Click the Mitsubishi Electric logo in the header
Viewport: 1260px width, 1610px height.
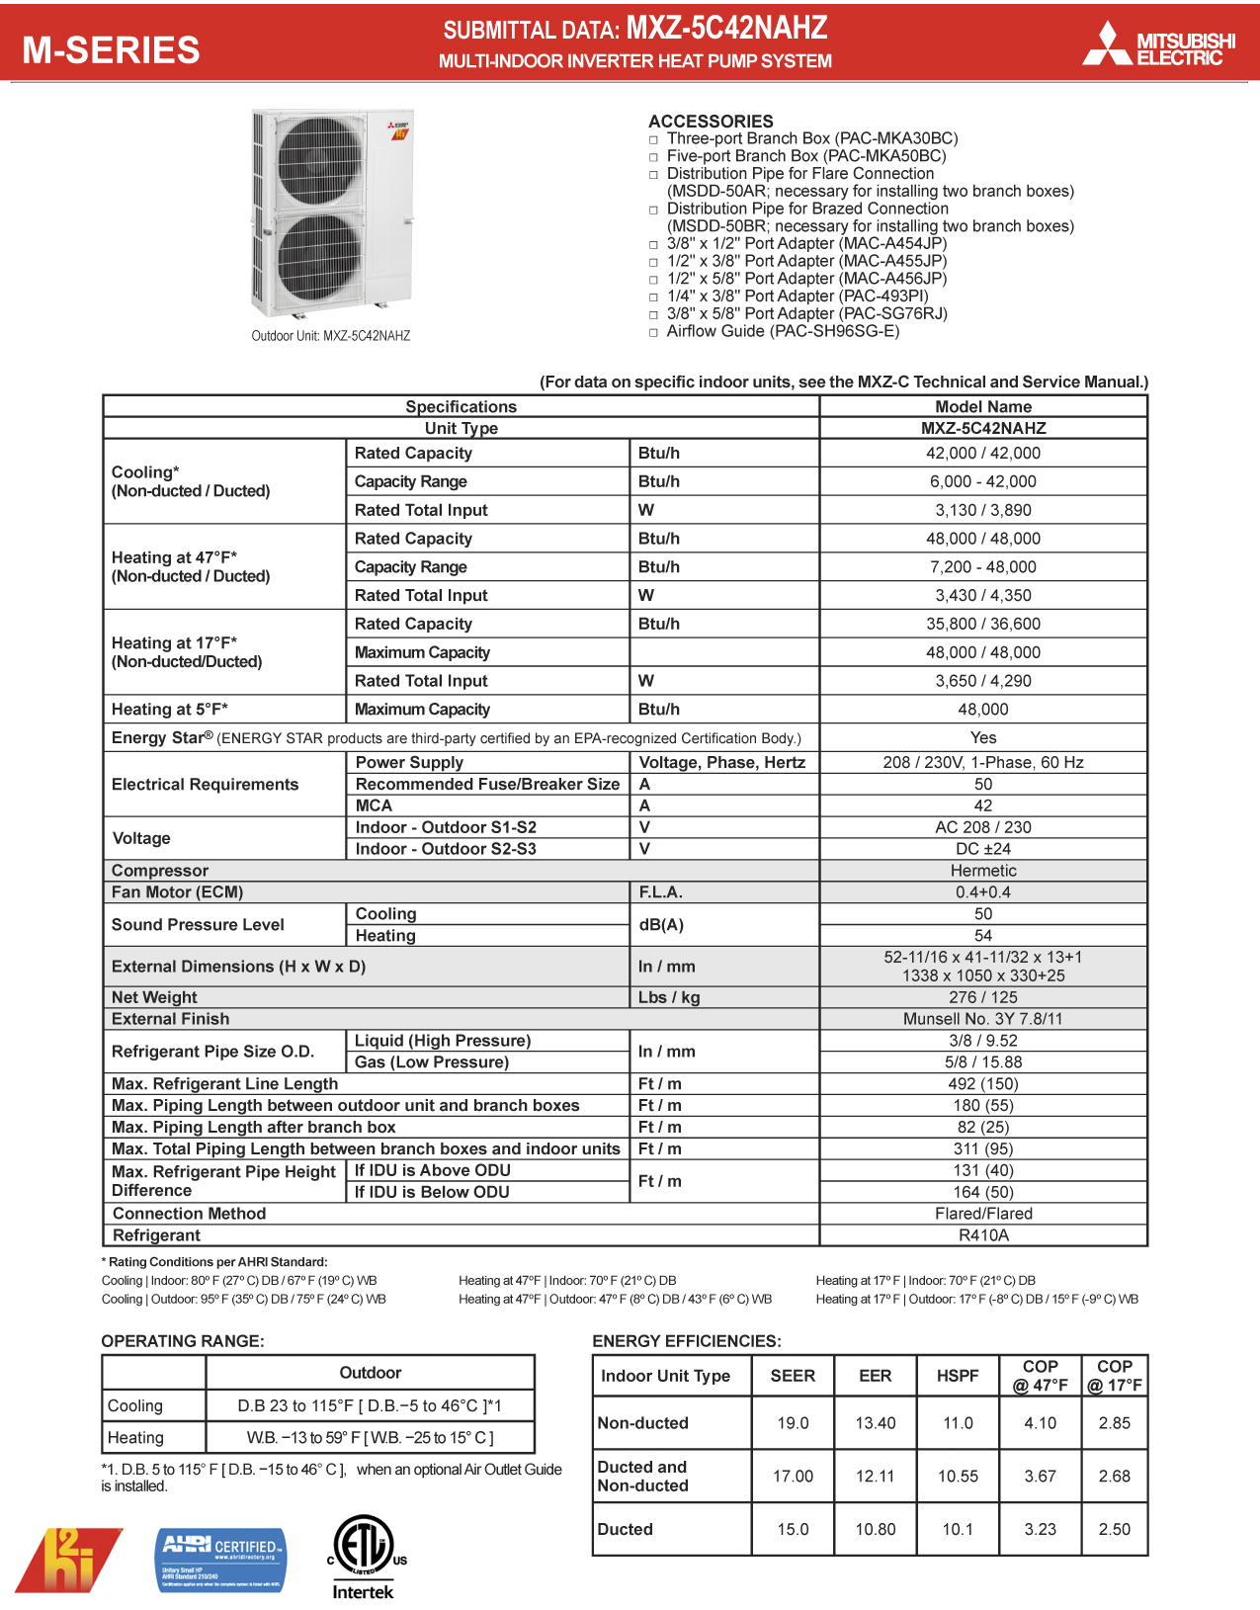(1159, 45)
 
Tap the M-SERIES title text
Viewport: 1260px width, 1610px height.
(111, 49)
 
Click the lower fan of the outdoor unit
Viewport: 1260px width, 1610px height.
(319, 259)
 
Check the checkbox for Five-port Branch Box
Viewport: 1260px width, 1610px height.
(653, 157)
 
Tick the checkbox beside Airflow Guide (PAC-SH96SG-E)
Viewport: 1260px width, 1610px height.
(653, 332)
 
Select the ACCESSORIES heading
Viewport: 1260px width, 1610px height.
(711, 121)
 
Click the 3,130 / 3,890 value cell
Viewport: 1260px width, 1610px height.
(982, 510)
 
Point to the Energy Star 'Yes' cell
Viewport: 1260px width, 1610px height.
(982, 737)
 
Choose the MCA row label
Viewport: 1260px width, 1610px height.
(374, 805)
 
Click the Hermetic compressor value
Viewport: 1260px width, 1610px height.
(982, 871)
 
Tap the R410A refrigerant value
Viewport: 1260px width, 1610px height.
(982, 1235)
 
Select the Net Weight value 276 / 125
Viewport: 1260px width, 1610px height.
(982, 997)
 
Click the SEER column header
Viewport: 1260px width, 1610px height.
(793, 1376)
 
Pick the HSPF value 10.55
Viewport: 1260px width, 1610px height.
(957, 1476)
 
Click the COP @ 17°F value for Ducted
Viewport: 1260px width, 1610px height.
(1114, 1529)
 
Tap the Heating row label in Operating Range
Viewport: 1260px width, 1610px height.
(136, 1437)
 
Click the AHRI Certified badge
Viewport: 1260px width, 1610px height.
(221, 1560)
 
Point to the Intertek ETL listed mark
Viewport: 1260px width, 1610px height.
(363, 1556)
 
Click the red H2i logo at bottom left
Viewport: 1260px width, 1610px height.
(69, 1559)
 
